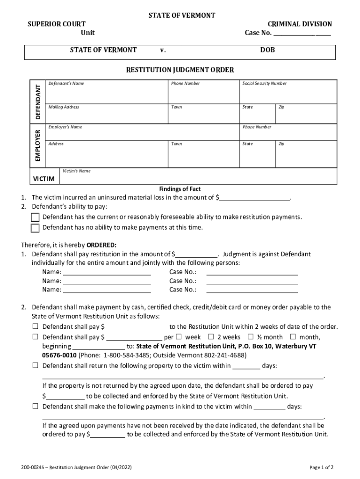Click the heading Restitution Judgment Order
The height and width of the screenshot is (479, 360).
click(180, 70)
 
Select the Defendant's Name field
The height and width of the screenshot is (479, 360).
click(107, 93)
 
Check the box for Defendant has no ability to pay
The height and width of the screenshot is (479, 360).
click(35, 228)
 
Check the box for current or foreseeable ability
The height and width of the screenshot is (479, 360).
click(35, 218)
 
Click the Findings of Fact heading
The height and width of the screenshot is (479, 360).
click(180, 189)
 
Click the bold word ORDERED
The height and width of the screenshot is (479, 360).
click(101, 245)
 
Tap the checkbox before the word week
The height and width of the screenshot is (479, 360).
click(179, 337)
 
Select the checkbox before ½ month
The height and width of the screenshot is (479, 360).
click(251, 337)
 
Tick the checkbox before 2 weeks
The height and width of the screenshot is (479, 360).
click(211, 337)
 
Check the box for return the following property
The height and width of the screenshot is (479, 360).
click(35, 366)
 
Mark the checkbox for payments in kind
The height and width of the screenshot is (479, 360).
click(35, 406)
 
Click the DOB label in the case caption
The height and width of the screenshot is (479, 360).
click(268, 50)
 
